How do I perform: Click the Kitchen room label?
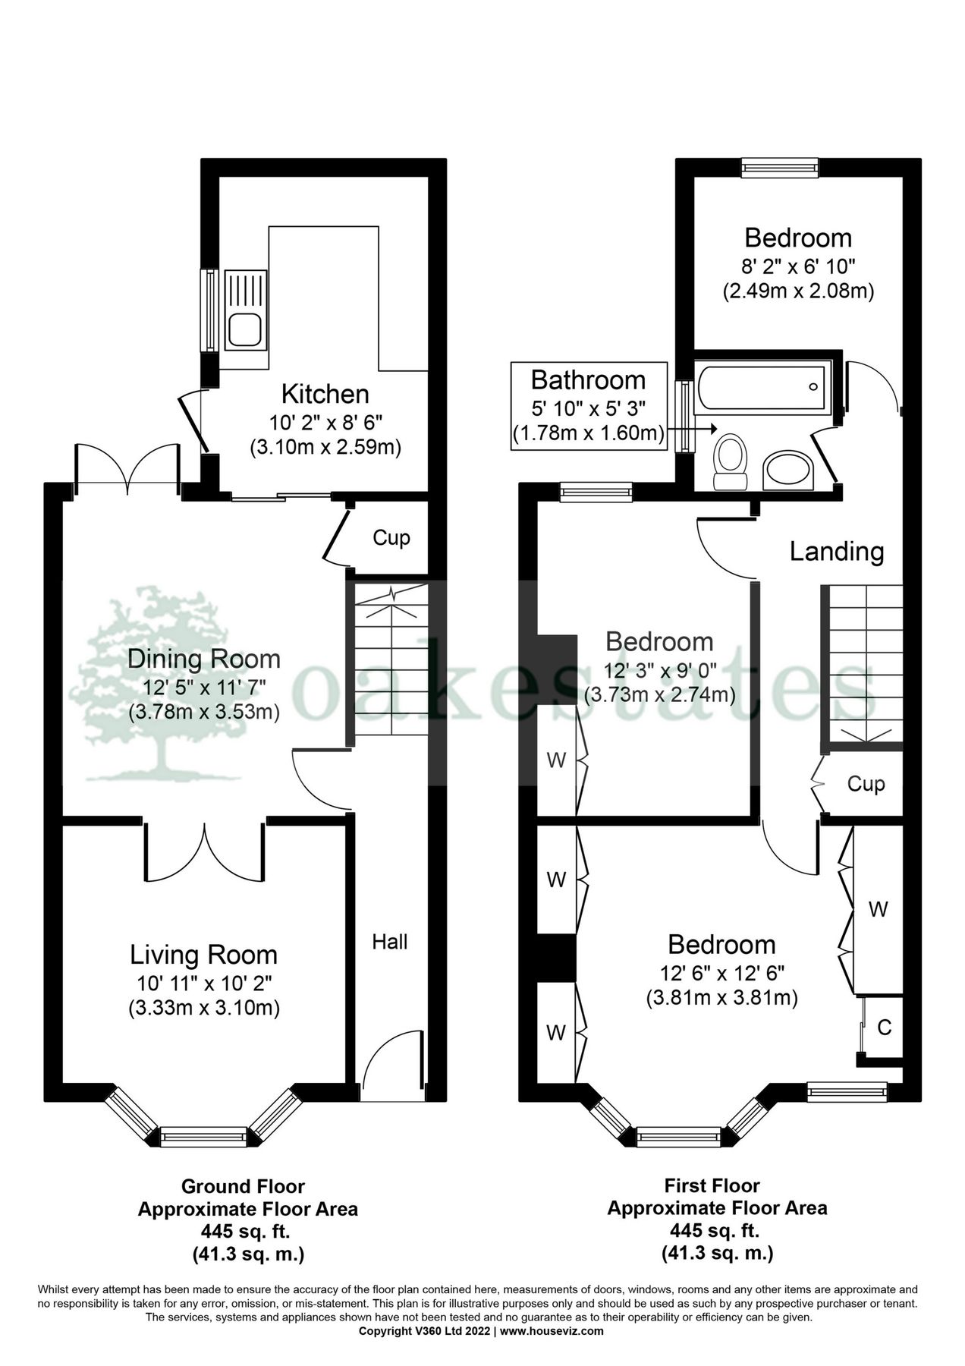click(325, 395)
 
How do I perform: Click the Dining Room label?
click(203, 659)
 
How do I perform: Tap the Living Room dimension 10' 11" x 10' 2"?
click(203, 983)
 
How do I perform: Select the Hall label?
click(389, 942)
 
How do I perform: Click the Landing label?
click(836, 552)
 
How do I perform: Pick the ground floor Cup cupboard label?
click(391, 538)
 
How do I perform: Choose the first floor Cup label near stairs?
click(865, 783)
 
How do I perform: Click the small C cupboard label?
click(884, 1028)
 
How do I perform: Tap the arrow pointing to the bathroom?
click(692, 429)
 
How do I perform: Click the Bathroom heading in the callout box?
click(588, 380)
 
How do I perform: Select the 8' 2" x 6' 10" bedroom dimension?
click(798, 266)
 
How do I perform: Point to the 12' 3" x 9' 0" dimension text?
click(659, 671)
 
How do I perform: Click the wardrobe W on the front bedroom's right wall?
click(878, 908)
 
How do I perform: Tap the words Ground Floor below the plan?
click(243, 1186)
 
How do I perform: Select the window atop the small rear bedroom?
click(780, 168)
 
